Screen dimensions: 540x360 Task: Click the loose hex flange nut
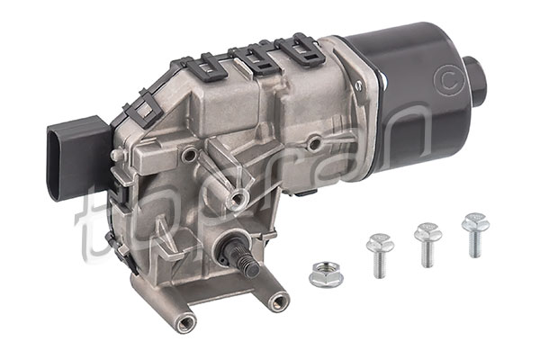[x=326, y=274]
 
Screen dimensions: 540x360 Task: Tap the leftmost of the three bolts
[x=380, y=256]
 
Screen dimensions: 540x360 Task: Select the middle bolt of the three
[x=427, y=244]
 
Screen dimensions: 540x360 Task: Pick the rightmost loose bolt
[x=475, y=235]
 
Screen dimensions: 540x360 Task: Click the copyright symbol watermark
[x=450, y=80]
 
